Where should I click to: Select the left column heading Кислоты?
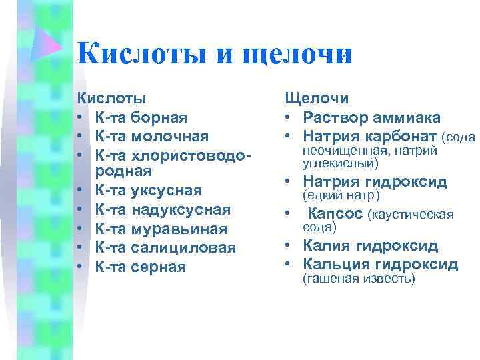pyautogui.click(x=111, y=99)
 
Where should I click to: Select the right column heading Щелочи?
pyautogui.click(x=317, y=99)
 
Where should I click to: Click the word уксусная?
pyautogui.click(x=166, y=192)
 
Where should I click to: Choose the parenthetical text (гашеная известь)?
pyautogui.click(x=359, y=279)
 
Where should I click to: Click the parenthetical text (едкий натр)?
pyautogui.click(x=341, y=195)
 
